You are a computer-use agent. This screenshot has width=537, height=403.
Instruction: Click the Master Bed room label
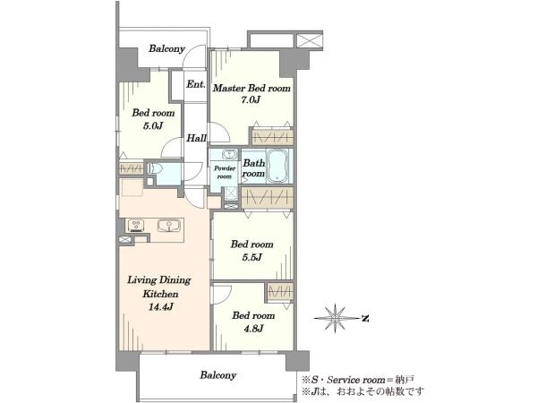(251, 88)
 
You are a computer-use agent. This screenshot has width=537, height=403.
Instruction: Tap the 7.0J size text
(251, 100)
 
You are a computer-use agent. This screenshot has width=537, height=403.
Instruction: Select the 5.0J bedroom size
(153, 125)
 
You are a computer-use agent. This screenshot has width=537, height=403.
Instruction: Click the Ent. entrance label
(196, 84)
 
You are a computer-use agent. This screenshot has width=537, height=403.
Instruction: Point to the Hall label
(196, 138)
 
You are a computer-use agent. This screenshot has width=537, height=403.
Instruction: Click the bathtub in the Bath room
(277, 166)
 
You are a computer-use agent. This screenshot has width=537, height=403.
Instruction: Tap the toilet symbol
(155, 168)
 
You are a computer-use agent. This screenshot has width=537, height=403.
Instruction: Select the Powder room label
(225, 172)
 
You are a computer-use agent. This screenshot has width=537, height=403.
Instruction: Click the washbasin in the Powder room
(228, 154)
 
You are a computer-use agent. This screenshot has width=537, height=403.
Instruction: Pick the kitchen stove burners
(136, 226)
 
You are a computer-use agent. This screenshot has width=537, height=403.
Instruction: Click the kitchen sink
(169, 226)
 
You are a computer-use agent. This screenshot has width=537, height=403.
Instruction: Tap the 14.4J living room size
(159, 306)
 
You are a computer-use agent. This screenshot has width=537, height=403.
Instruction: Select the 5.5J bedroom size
(251, 257)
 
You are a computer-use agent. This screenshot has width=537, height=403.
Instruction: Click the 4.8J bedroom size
(253, 329)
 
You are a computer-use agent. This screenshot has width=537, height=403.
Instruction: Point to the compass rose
(336, 318)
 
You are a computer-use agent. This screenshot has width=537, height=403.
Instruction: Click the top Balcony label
(166, 48)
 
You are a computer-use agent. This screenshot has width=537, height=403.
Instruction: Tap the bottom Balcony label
(218, 375)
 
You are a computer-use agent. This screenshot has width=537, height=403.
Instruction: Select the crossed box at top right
(309, 40)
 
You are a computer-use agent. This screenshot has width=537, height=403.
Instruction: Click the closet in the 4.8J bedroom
(280, 292)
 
